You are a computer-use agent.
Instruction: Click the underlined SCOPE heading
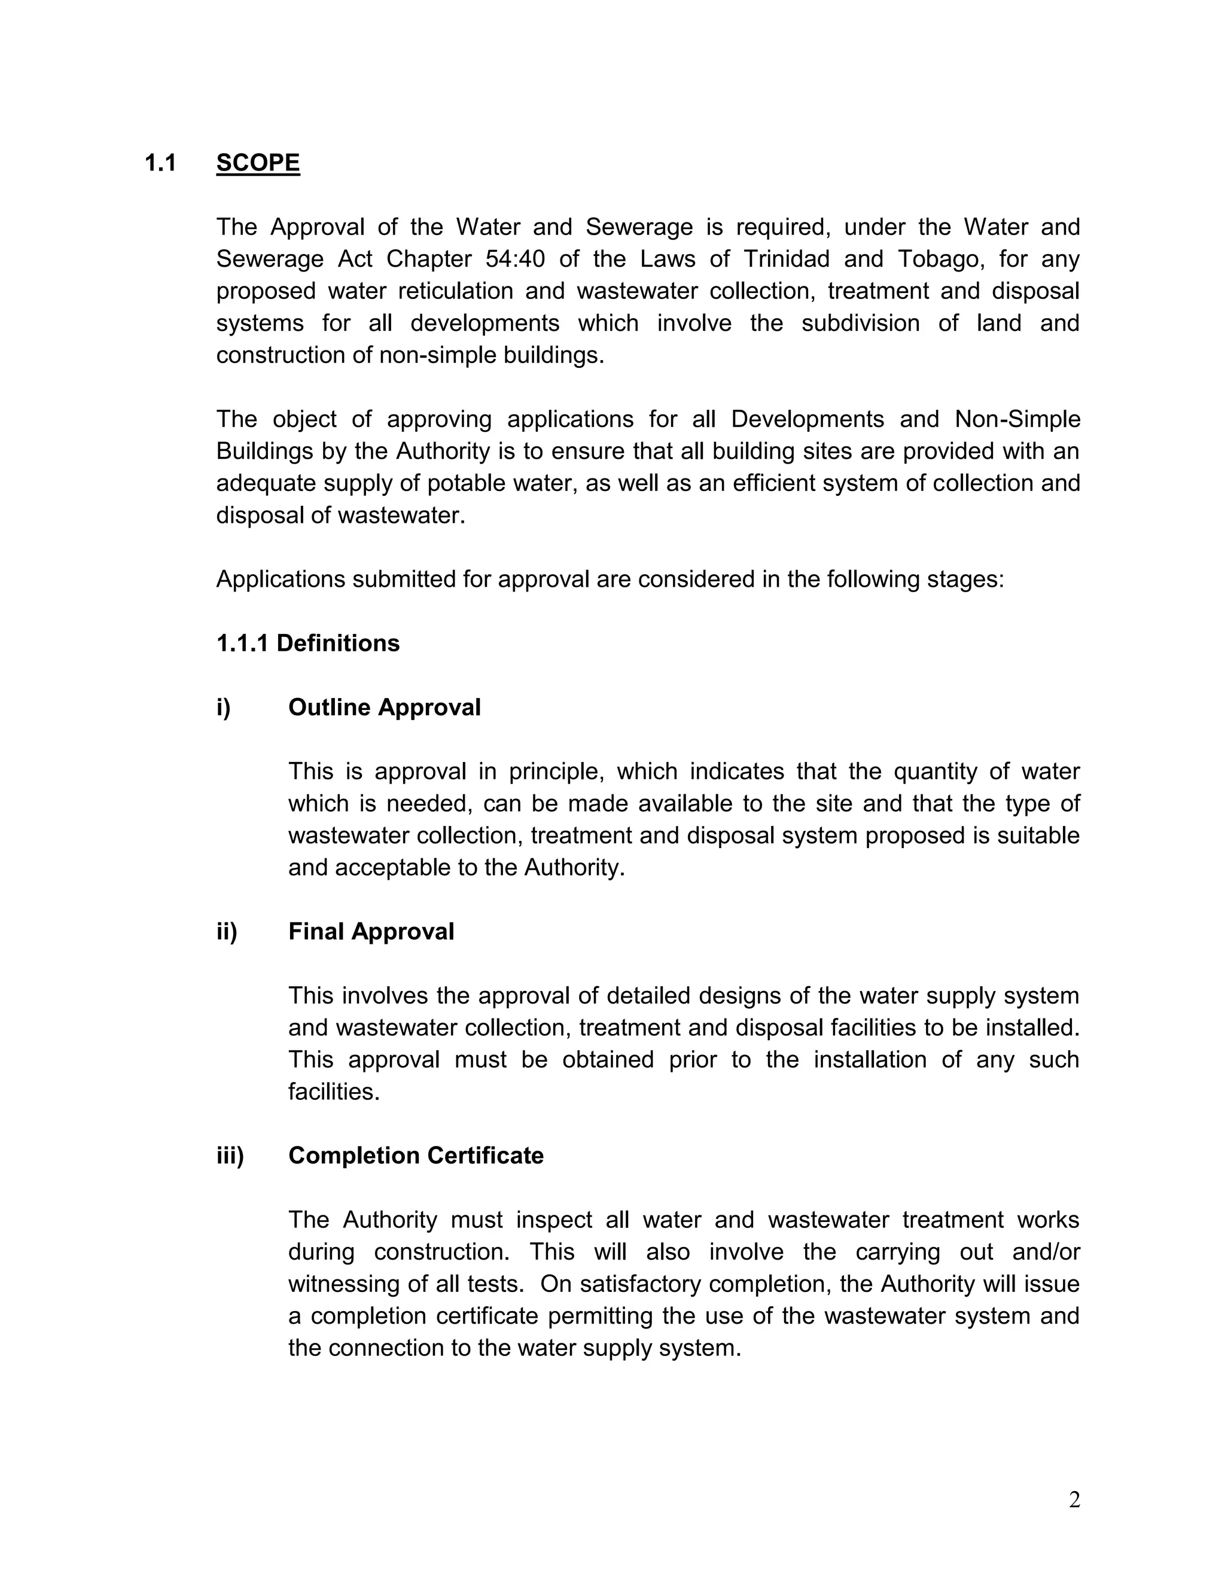258,163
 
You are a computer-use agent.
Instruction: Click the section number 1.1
160,163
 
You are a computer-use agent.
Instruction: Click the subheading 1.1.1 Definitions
307,643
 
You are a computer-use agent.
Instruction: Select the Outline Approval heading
384,708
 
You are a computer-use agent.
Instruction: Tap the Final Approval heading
371,932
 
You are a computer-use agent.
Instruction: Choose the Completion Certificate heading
415,1156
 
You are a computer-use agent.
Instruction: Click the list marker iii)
230,1156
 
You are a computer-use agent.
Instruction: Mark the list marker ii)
227,932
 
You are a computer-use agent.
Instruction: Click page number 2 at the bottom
1074,1499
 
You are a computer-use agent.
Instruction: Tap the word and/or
1045,1252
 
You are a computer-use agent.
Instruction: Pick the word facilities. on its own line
334,1092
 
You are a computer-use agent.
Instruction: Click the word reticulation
455,291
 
